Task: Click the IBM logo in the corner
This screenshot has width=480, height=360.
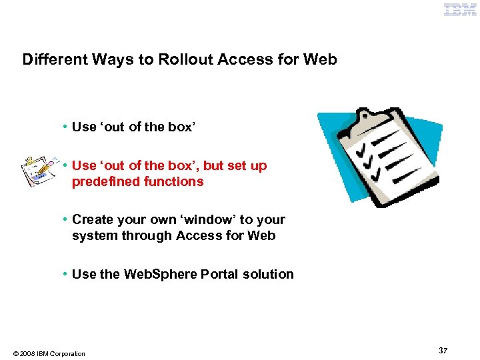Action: (x=461, y=9)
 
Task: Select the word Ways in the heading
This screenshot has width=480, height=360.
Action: (x=110, y=59)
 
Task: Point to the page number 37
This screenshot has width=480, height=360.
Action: (x=443, y=350)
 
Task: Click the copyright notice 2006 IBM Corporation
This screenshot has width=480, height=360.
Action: (x=49, y=353)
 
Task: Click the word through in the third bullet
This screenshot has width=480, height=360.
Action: (x=145, y=235)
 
